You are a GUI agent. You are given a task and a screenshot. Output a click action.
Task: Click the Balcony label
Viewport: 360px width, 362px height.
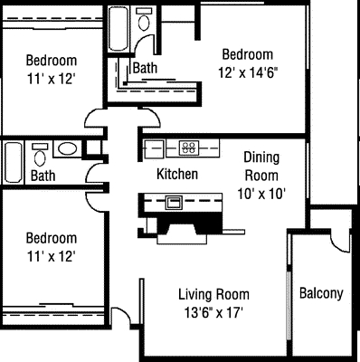(321, 293)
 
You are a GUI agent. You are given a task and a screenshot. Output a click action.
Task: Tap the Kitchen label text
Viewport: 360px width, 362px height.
(177, 174)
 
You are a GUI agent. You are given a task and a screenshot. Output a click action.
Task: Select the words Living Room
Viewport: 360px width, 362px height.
(213, 294)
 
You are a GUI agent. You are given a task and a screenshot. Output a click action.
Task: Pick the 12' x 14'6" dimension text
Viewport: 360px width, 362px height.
(249, 72)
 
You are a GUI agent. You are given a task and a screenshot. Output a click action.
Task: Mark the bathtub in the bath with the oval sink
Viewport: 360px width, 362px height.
(14, 163)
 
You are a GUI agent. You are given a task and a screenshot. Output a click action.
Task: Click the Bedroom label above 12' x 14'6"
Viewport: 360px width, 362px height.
(248, 54)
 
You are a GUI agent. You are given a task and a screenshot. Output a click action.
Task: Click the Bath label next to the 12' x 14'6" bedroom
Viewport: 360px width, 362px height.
(146, 68)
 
